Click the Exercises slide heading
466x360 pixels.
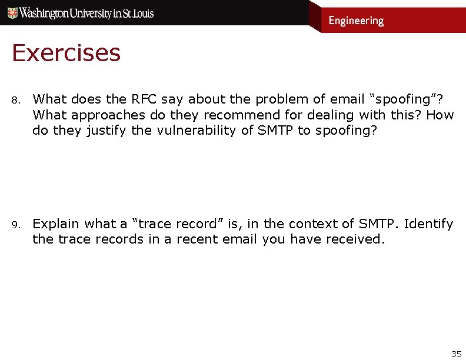[66, 54]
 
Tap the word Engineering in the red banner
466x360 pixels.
[356, 21]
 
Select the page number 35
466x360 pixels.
[456, 354]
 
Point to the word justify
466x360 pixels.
[106, 130]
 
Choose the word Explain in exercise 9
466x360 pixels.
[56, 224]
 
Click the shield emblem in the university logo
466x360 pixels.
[12, 13]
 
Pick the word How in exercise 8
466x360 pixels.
[440, 115]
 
